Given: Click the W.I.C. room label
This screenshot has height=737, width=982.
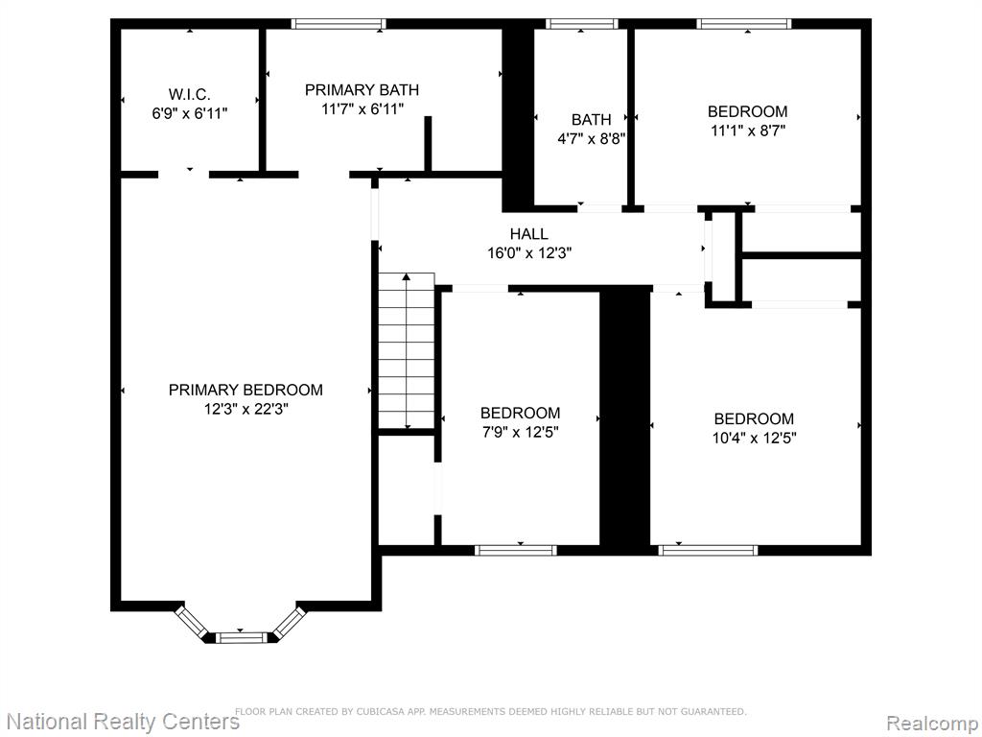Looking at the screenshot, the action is pos(189,95).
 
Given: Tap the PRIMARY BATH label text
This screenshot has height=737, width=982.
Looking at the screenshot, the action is pos(362,90).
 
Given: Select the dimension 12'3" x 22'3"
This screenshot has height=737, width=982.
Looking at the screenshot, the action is pos(246,409).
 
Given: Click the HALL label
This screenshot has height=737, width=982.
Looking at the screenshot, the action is pos(529,234).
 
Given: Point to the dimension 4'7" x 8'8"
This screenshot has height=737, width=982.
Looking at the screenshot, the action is pos(591,138).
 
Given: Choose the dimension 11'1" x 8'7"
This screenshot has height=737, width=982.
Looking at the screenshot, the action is pos(748,131).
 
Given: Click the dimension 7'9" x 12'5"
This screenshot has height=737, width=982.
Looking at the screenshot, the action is pos(520,433).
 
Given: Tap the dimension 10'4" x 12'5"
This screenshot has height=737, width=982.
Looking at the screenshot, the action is pos(754,438).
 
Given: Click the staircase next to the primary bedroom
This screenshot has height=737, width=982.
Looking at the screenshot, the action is pos(407,351).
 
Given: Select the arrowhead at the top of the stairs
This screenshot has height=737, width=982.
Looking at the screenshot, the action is pos(407,276).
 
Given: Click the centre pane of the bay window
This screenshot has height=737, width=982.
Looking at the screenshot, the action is pos(241,637).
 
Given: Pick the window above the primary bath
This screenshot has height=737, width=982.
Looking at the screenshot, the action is pos(339,24).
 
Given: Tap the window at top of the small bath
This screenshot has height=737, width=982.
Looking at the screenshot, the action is pos(582,24).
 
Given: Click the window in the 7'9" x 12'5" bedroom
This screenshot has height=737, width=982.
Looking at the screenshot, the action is pos(515,550).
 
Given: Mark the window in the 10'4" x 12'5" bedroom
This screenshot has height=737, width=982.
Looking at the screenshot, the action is pos(708,550).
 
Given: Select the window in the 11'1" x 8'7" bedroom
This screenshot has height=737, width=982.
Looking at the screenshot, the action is pos(744,24).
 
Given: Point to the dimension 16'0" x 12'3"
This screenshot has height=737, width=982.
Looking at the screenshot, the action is pos(529,253).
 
